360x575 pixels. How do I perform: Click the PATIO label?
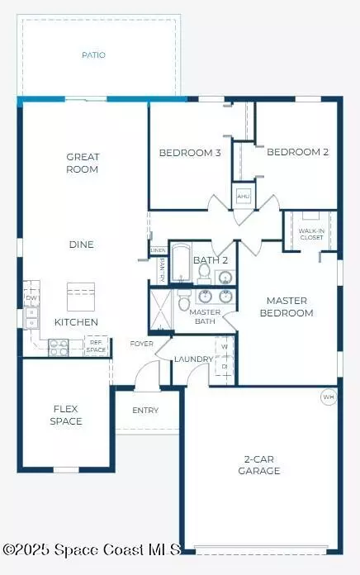pyautogui.click(x=93, y=55)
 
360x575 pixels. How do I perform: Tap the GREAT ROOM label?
pyautogui.click(x=82, y=163)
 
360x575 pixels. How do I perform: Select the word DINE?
pyautogui.click(x=81, y=245)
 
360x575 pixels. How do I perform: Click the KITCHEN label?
pyautogui.click(x=76, y=321)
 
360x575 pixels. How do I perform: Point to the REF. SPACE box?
pyautogui.click(x=97, y=347)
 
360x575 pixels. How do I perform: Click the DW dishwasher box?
pyautogui.click(x=31, y=298)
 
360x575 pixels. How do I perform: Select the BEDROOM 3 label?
pyautogui.click(x=190, y=152)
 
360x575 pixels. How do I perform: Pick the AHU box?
pyautogui.click(x=244, y=197)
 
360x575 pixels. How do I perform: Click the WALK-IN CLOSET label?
pyautogui.click(x=311, y=234)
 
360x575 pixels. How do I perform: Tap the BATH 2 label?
pyautogui.click(x=205, y=260)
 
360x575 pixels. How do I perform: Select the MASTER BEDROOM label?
pyautogui.click(x=287, y=307)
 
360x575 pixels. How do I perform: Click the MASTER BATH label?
pyautogui.click(x=204, y=316)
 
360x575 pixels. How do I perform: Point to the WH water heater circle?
pyautogui.click(x=329, y=397)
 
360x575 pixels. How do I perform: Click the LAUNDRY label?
pyautogui.click(x=194, y=359)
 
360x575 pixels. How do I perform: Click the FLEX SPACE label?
pyautogui.click(x=65, y=415)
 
